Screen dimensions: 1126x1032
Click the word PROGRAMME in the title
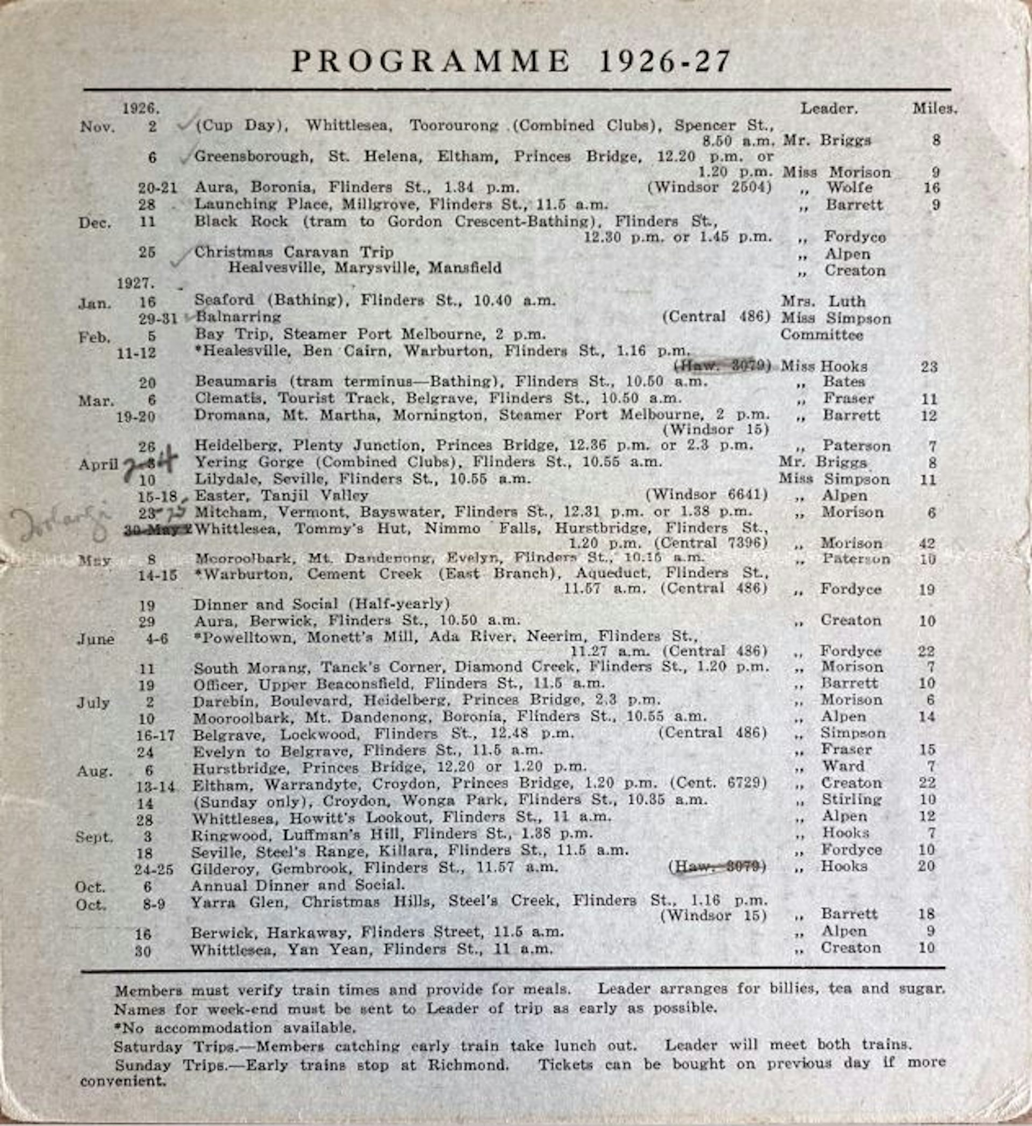click(x=430, y=61)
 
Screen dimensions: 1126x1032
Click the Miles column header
click(x=934, y=109)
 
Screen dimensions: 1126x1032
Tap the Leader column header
click(x=829, y=109)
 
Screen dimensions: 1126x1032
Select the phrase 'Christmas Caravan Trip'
click(x=294, y=252)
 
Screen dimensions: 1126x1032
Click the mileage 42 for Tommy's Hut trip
click(x=928, y=543)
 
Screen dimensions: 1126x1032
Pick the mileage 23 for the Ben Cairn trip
click(x=929, y=367)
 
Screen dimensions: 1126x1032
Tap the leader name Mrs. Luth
click(x=823, y=301)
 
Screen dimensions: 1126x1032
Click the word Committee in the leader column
click(x=821, y=335)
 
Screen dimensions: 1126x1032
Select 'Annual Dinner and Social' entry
click(x=298, y=885)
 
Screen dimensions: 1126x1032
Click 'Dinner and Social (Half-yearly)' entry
click(x=321, y=604)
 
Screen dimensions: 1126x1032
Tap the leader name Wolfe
click(x=849, y=187)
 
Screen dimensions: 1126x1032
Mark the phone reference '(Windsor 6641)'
click(x=706, y=495)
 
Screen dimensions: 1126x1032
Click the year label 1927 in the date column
click(x=135, y=283)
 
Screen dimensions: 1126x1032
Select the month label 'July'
click(x=93, y=703)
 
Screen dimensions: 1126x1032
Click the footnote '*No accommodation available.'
click(x=235, y=1028)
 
